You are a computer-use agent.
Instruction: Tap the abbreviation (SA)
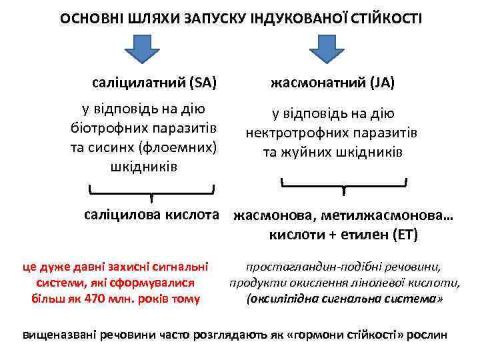pos(203,83)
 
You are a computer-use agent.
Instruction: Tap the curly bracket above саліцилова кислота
pos(152,193)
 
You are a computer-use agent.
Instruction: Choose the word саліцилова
pos(119,215)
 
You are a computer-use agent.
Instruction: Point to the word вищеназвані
pos(59,334)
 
